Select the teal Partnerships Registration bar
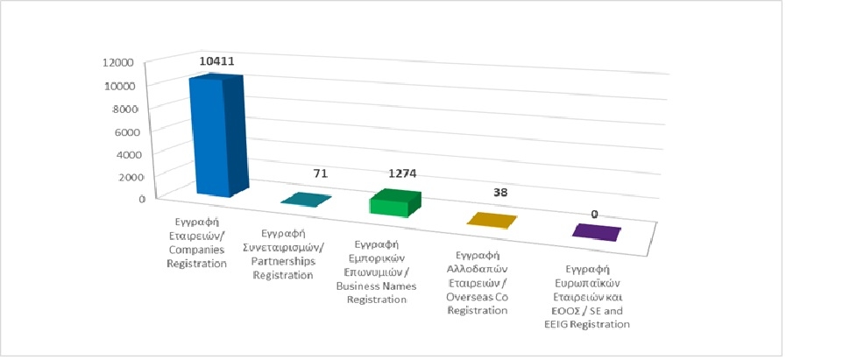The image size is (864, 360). (x=306, y=200)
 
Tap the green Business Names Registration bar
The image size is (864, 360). (x=393, y=203)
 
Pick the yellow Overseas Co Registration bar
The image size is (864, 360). (x=491, y=219)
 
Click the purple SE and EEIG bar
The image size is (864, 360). (x=596, y=232)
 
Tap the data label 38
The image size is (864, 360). (x=499, y=192)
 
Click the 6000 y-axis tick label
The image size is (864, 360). (x=125, y=133)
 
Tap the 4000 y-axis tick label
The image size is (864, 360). (x=129, y=156)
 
